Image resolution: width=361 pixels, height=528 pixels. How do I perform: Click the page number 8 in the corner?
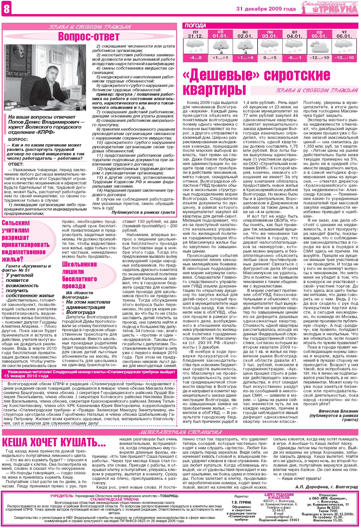(x=6, y=9)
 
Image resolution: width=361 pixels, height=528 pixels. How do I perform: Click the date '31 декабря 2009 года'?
(x=266, y=9)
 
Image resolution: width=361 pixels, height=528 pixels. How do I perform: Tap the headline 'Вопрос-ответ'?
(x=89, y=37)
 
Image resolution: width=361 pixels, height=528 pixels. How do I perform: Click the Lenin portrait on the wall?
(x=18, y=58)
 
